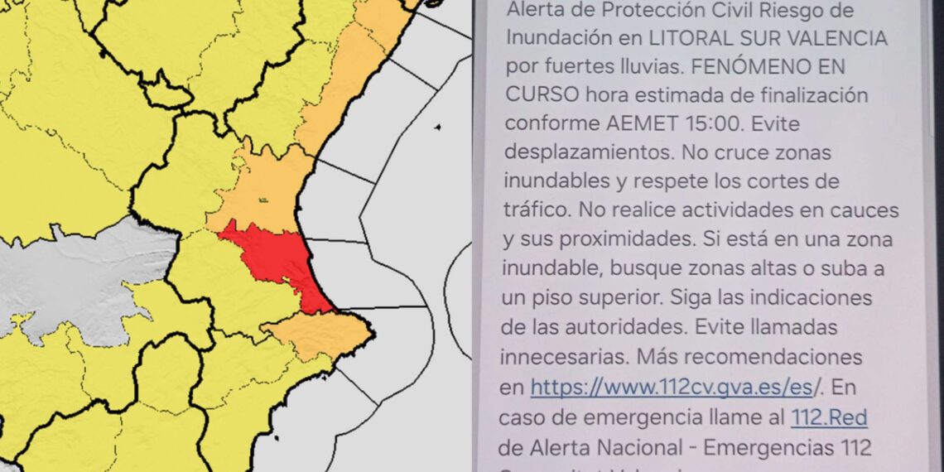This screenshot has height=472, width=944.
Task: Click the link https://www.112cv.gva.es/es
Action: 672,386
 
